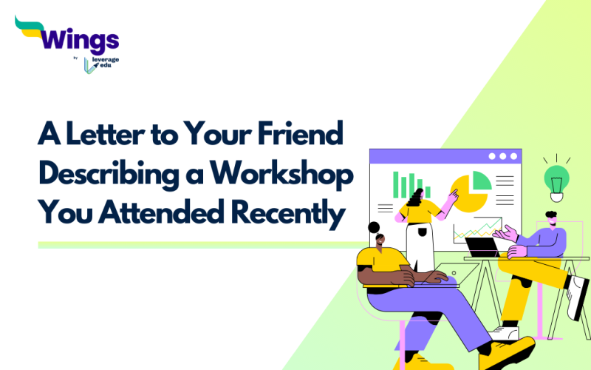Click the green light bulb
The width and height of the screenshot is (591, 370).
[x=556, y=179]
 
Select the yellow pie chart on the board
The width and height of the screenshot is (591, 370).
[x=467, y=192]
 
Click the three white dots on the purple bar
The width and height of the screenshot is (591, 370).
[x=503, y=156]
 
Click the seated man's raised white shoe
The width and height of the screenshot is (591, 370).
[x=578, y=297]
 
